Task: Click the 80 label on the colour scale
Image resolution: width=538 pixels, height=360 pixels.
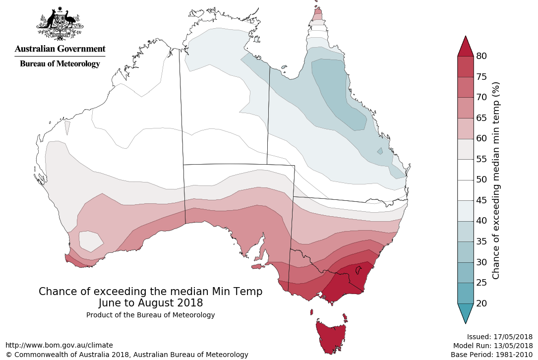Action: (x=481, y=56)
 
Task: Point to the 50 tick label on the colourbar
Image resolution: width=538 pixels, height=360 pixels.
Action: (x=481, y=180)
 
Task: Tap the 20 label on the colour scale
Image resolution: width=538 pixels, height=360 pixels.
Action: (x=481, y=303)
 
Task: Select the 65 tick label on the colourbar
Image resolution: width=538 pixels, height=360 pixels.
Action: (x=481, y=118)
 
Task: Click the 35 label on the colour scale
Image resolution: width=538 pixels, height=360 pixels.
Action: (x=481, y=241)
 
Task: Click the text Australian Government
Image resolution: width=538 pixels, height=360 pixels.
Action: (x=60, y=49)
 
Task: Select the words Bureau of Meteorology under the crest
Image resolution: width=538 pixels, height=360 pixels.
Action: (x=60, y=63)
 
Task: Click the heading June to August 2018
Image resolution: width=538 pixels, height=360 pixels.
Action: (x=150, y=302)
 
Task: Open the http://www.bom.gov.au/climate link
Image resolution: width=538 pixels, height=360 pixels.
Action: (x=59, y=345)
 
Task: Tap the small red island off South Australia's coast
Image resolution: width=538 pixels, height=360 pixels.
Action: (x=256, y=267)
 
